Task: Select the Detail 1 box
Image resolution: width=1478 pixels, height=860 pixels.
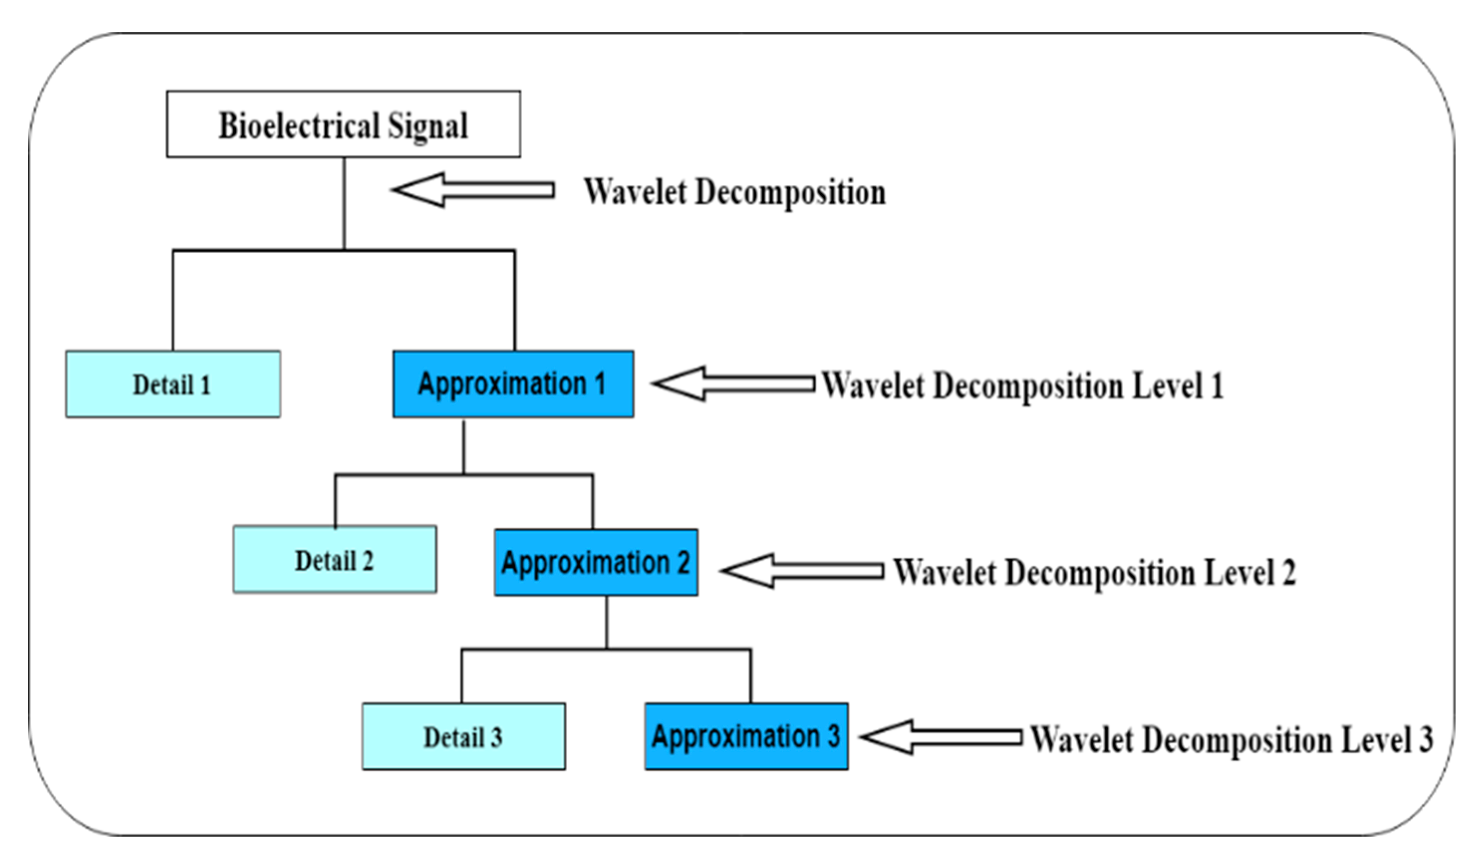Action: coord(172,384)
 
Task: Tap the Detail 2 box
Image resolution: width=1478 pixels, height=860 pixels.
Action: coord(334,559)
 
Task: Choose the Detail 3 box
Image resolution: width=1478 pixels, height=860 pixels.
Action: coord(463,737)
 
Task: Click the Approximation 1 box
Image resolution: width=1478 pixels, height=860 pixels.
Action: coord(513,384)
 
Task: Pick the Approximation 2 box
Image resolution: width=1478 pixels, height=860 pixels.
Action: coord(596,562)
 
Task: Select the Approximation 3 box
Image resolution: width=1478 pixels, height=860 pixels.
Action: coord(746,737)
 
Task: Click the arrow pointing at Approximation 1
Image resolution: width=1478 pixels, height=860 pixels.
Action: coord(733,384)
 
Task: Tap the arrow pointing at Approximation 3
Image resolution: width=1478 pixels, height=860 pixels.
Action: coord(941,737)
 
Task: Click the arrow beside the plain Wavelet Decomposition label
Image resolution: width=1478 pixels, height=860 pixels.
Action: coord(473,190)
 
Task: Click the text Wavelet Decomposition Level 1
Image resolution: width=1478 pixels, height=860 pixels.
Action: coord(1022,386)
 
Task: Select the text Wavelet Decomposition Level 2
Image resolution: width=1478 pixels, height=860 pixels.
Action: coord(1094,572)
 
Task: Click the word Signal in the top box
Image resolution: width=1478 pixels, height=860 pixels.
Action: coord(427,125)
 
